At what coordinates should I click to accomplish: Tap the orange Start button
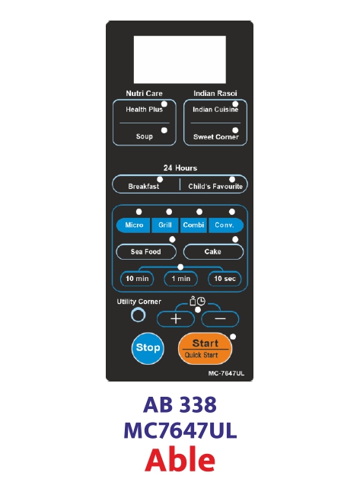point(205,349)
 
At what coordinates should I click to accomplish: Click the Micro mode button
point(133,225)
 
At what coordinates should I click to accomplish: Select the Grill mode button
point(165,225)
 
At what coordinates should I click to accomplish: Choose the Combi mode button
point(193,225)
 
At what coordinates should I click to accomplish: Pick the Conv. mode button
point(225,225)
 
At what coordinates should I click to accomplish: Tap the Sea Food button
point(146,251)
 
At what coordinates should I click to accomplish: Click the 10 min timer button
point(137,279)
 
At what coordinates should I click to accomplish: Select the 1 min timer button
point(181,279)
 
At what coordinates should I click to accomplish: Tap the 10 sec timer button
point(225,279)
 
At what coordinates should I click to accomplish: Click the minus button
point(220,319)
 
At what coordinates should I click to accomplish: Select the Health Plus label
point(144,110)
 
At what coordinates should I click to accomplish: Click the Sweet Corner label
point(216,137)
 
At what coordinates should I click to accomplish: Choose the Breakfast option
point(144,187)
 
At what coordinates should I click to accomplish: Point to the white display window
point(180,59)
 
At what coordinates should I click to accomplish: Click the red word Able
point(180,459)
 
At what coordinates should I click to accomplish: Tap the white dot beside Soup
point(164,130)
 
